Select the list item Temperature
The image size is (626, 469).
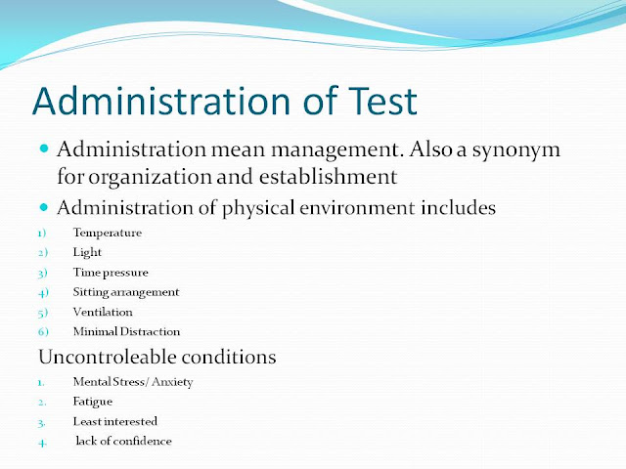[107, 234]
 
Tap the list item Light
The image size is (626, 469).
[86, 252]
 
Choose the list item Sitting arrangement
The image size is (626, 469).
[126, 291]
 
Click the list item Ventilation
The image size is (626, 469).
[103, 312]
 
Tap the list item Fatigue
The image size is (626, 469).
[93, 401]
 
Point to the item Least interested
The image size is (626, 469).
[114, 420]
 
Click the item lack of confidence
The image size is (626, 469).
[123, 441]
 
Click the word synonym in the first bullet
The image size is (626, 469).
[529, 152]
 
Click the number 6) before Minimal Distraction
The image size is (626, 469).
[44, 331]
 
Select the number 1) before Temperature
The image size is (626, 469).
[44, 234]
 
